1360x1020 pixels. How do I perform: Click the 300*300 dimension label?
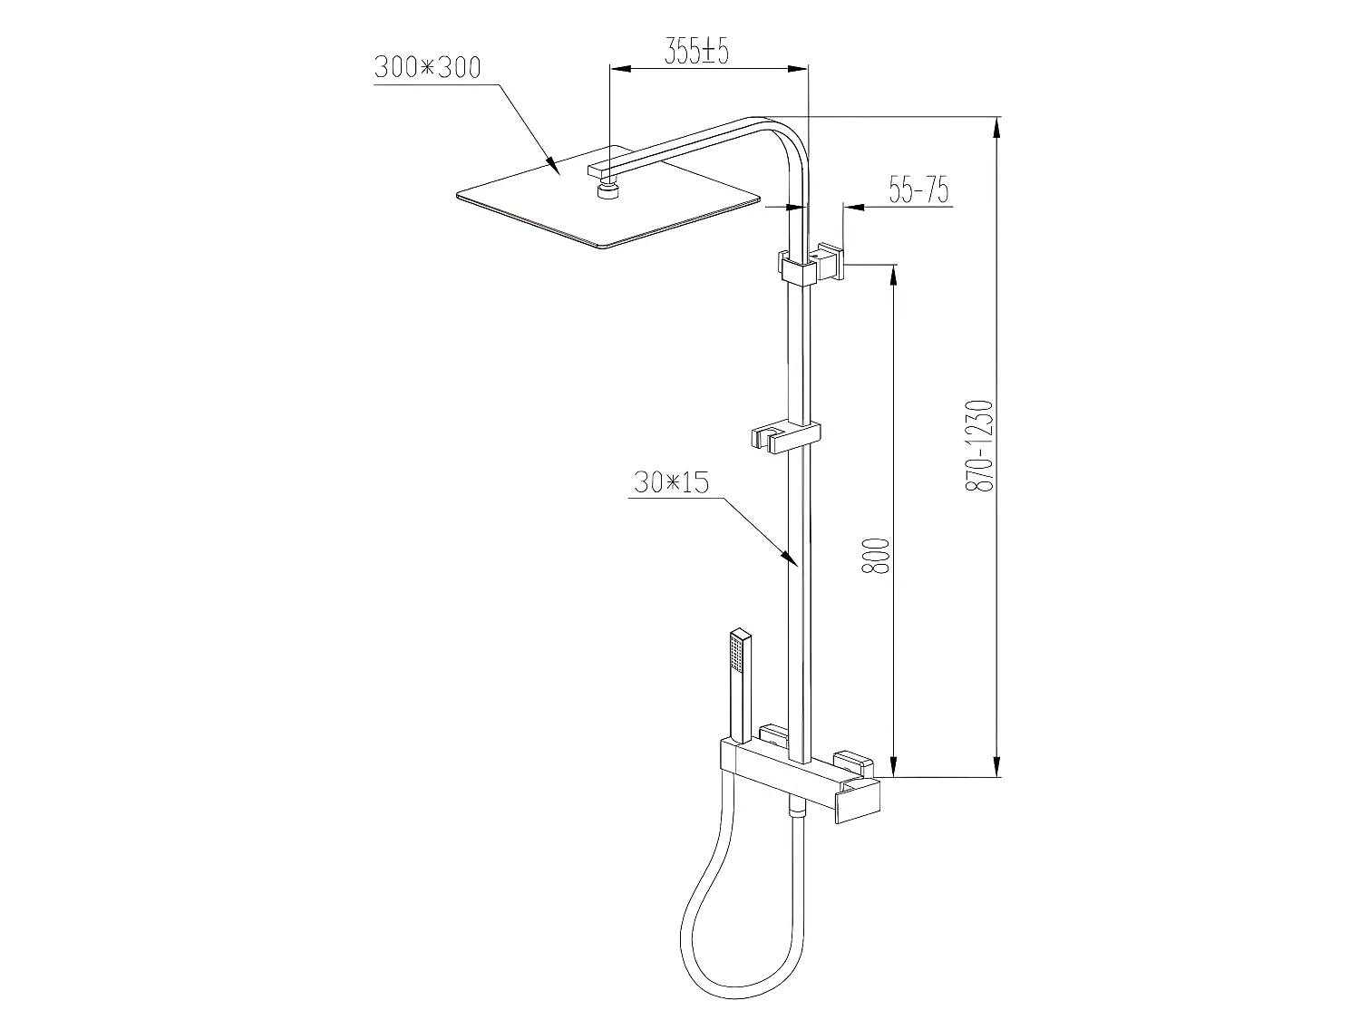coord(426,69)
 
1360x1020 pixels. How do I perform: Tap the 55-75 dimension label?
coord(918,190)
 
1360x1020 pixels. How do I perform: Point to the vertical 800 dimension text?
coord(874,555)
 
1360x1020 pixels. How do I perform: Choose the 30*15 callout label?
coord(670,482)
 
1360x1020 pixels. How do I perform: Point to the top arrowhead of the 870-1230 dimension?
coord(998,127)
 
